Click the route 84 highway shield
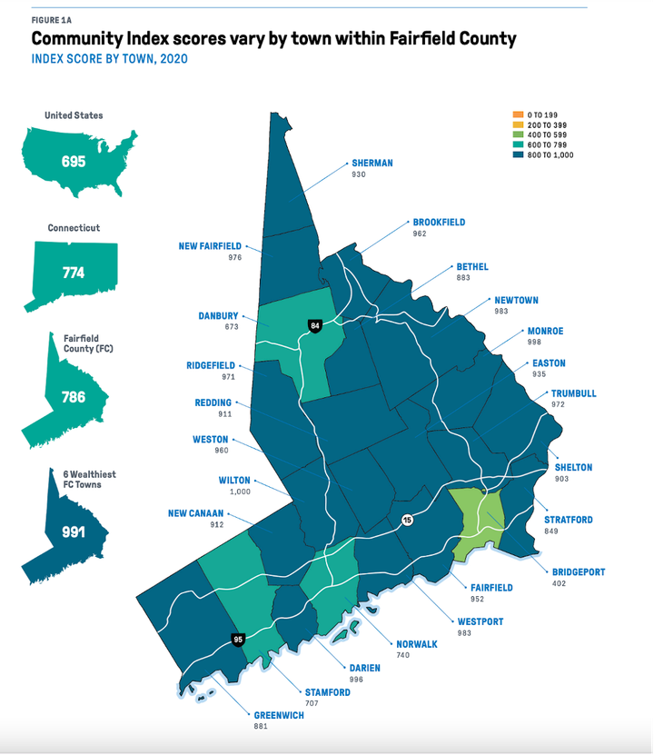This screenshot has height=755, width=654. (315, 325)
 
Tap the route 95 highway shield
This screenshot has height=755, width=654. (238, 640)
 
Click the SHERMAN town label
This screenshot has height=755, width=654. (372, 164)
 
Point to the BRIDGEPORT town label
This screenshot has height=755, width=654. (578, 572)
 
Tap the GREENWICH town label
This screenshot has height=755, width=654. (280, 716)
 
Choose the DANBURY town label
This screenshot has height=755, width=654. (218, 316)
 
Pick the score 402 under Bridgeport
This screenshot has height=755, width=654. (559, 583)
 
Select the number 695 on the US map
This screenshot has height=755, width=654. (74, 162)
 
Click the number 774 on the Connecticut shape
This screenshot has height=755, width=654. (74, 272)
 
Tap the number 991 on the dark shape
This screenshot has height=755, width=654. (74, 532)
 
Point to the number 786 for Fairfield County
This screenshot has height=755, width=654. (74, 396)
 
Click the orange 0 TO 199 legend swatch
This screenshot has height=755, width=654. (519, 115)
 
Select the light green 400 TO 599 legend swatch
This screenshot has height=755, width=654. (519, 135)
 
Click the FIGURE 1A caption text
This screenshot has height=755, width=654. (53, 20)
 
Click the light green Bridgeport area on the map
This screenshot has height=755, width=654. (477, 522)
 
